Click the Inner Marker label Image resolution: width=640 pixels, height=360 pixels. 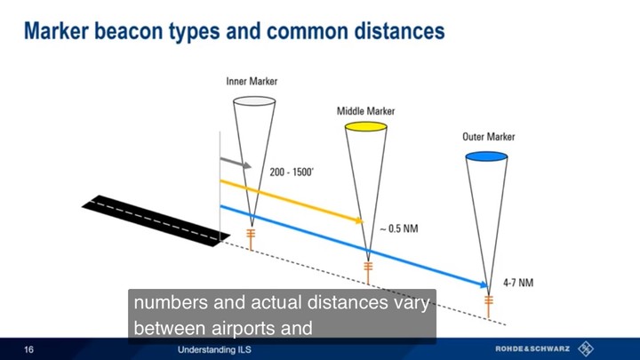(252, 81)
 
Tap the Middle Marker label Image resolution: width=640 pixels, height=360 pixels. (365, 111)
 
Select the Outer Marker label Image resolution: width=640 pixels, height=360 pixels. (489, 137)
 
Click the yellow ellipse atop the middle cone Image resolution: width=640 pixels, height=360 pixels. (365, 126)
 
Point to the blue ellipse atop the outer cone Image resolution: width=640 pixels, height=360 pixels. (486, 156)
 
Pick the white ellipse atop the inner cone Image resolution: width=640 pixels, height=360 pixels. (254, 100)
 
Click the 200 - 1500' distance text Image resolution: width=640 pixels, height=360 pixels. (292, 172)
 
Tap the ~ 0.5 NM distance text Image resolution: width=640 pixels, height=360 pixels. (399, 228)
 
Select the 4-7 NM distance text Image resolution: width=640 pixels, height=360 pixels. (518, 283)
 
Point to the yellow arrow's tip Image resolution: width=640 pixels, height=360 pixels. (363, 221)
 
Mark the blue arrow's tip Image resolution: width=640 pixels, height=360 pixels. (487, 285)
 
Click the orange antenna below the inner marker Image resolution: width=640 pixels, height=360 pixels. (251, 239)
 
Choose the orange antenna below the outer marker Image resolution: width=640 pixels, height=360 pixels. (489, 306)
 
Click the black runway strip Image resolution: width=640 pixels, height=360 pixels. (156, 220)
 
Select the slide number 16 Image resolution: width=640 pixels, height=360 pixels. (28, 349)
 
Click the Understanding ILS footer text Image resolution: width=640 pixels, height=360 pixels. (214, 350)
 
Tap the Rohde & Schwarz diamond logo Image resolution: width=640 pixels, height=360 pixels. (586, 348)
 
